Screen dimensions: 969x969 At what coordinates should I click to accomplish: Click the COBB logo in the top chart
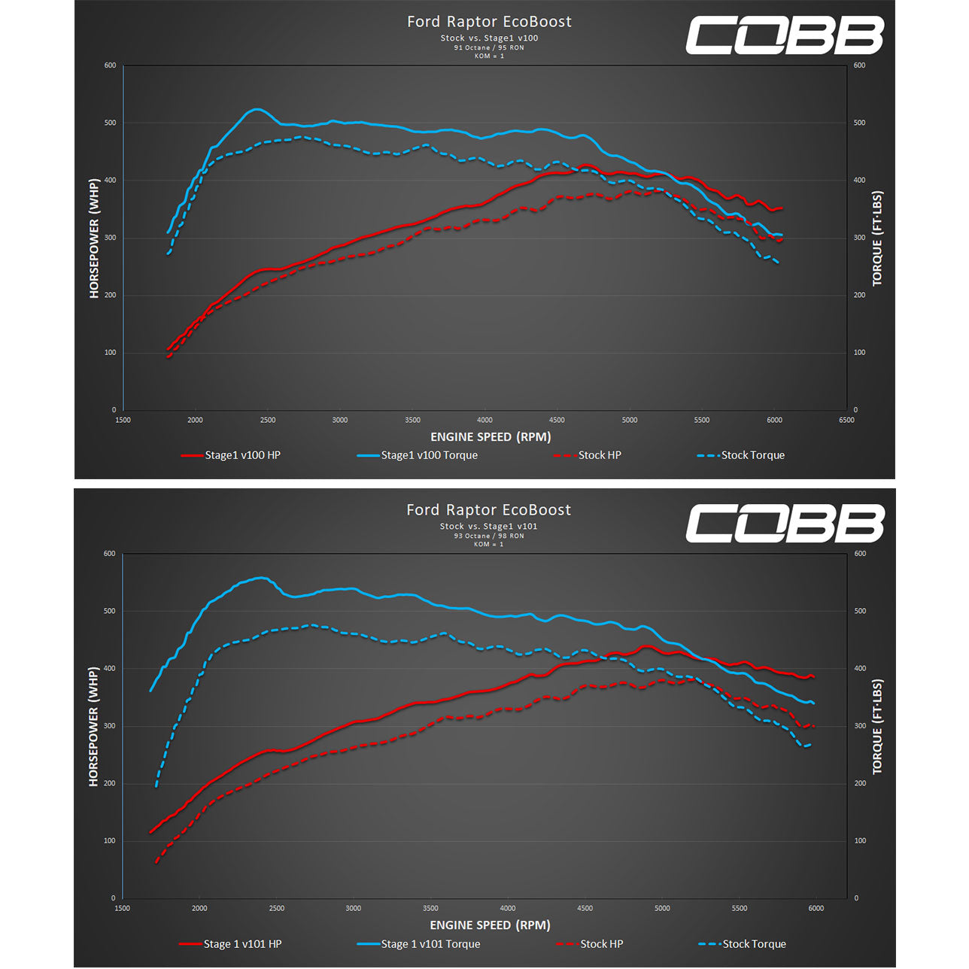(x=784, y=36)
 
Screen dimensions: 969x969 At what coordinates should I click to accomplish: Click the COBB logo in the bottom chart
(x=784, y=524)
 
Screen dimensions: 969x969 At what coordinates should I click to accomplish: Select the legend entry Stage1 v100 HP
(x=242, y=455)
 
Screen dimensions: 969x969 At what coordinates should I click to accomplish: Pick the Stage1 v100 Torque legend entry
(x=429, y=455)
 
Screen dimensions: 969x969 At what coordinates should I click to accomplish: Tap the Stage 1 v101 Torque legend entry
(x=430, y=944)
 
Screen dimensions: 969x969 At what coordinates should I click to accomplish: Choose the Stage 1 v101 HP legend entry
(x=242, y=944)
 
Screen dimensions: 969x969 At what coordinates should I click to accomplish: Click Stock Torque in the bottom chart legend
(x=754, y=944)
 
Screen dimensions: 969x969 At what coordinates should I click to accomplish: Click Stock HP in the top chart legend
(x=600, y=455)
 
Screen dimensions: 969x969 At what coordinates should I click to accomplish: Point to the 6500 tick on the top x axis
(x=846, y=421)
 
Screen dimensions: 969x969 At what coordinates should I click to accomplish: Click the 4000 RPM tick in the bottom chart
(x=508, y=909)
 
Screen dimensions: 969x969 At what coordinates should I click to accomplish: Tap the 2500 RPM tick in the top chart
(x=268, y=421)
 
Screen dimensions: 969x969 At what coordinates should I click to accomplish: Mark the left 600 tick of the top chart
(x=110, y=65)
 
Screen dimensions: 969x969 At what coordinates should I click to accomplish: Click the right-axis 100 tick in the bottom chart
(x=860, y=841)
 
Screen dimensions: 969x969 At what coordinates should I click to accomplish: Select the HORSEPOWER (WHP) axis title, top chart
(x=94, y=238)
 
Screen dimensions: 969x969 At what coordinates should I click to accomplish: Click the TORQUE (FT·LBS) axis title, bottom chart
(x=877, y=727)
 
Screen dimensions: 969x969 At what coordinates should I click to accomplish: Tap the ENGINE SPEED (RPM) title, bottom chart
(x=490, y=925)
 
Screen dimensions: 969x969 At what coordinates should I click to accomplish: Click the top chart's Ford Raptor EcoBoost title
(x=489, y=22)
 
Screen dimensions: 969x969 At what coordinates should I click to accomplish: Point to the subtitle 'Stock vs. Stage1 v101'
(x=489, y=527)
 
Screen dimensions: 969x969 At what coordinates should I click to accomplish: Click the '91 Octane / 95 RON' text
(x=489, y=47)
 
